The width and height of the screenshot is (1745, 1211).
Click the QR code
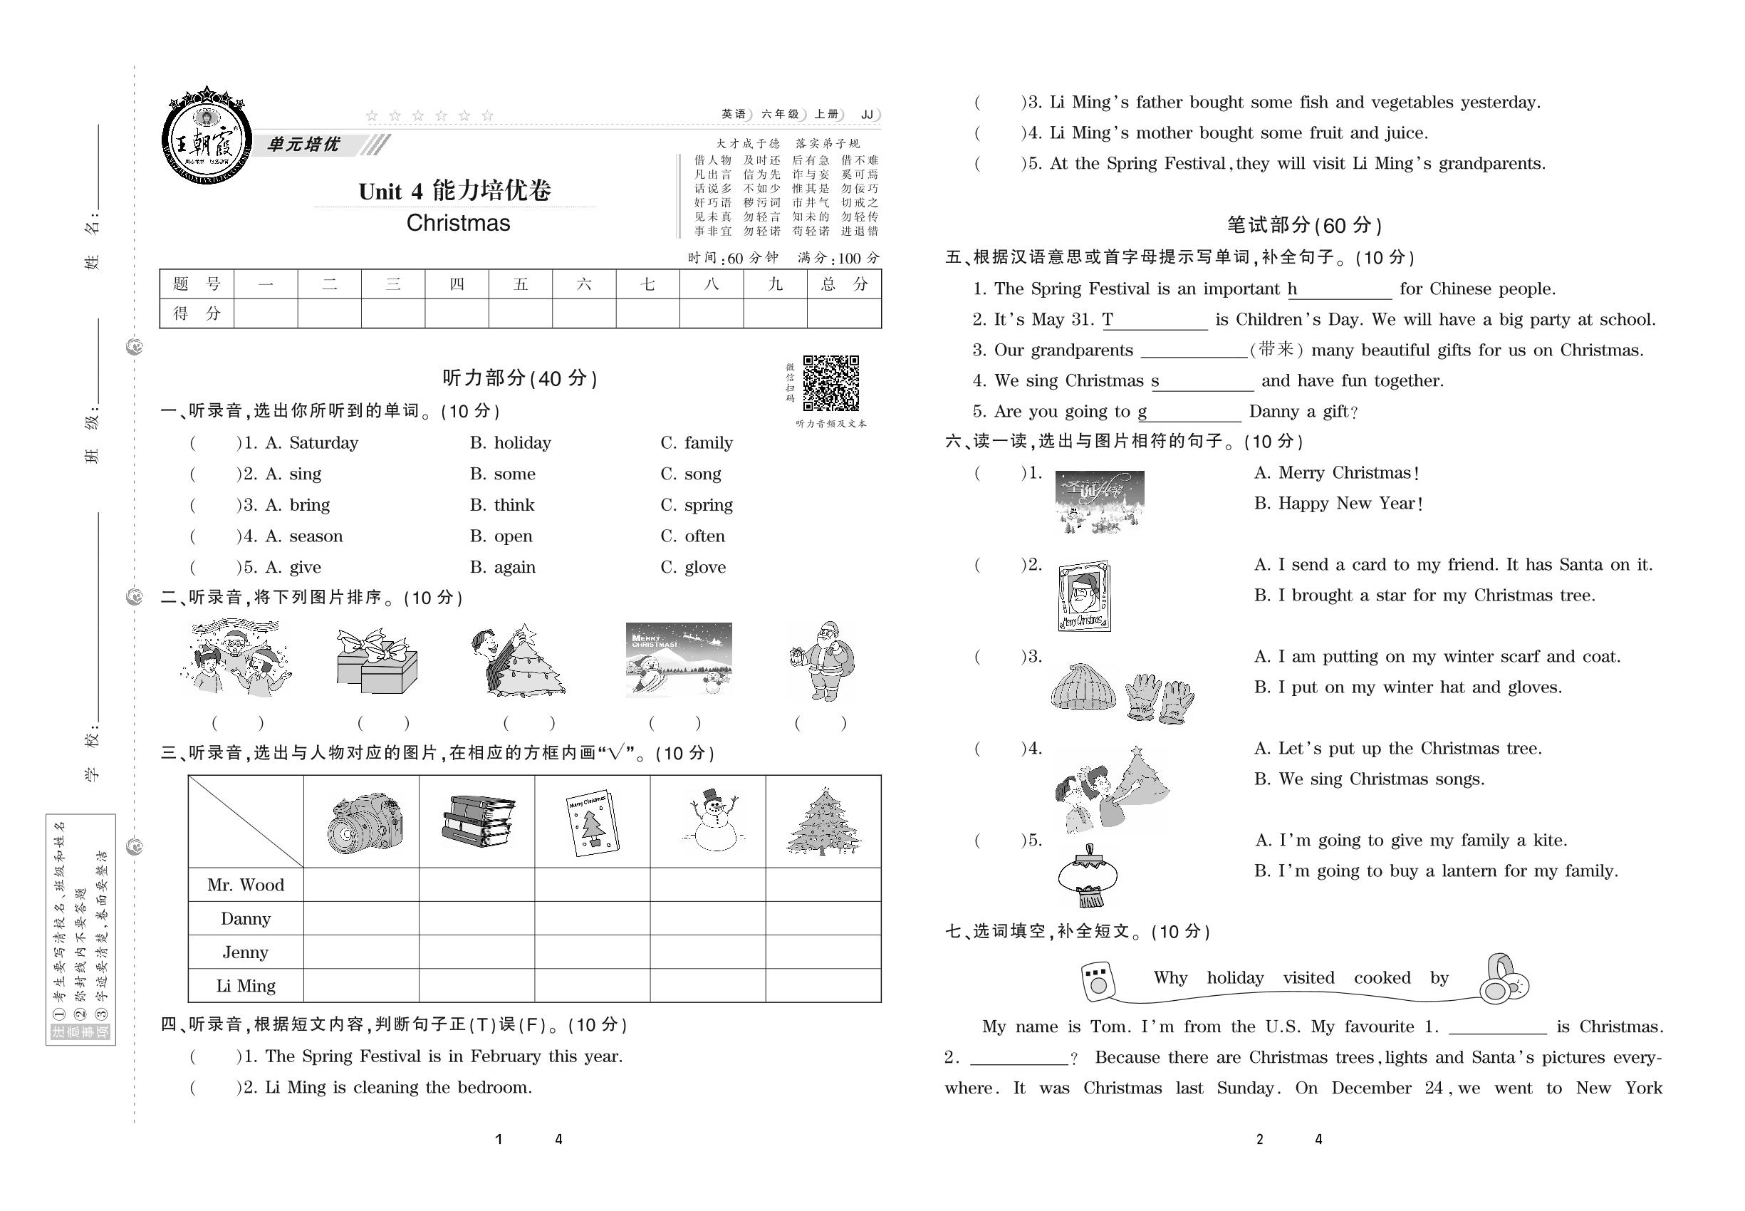tap(830, 383)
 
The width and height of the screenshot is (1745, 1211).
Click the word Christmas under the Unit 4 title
tap(458, 223)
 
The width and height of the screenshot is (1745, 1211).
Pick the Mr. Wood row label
tap(246, 885)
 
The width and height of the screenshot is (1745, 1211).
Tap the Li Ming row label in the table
tap(246, 986)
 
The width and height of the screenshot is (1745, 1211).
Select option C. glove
tap(694, 568)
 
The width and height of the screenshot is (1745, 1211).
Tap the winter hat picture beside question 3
tap(1083, 687)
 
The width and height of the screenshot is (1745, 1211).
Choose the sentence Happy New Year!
tap(1338, 504)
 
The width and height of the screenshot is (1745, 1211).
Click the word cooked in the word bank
tap(1382, 978)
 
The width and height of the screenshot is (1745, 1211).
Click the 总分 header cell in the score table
tap(844, 284)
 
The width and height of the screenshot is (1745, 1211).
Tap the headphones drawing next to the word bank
tap(1504, 979)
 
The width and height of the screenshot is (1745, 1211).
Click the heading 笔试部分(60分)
tap(1304, 225)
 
